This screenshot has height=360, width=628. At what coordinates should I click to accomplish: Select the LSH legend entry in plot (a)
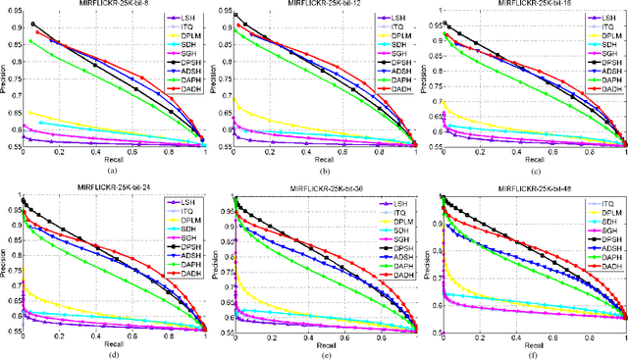click(180, 19)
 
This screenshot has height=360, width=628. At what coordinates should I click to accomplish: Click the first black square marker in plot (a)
click(33, 25)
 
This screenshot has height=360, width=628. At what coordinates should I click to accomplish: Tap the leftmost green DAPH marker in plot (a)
click(31, 41)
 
